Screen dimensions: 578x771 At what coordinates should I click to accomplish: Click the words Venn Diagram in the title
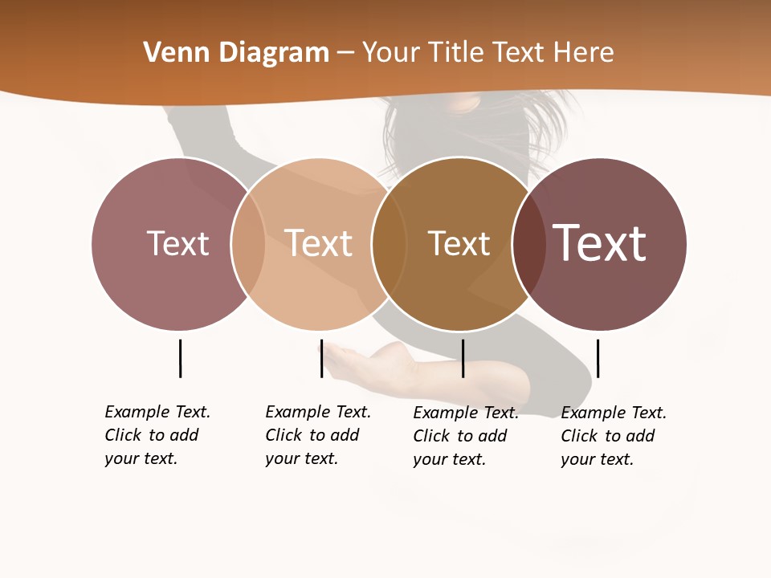click(x=236, y=53)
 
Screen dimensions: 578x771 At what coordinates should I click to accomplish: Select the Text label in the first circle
click(x=177, y=243)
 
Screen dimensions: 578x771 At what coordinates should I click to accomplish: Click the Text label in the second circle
click(x=319, y=243)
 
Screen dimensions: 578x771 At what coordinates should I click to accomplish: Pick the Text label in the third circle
click(x=459, y=243)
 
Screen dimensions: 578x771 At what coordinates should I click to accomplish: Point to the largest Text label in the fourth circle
click(x=600, y=243)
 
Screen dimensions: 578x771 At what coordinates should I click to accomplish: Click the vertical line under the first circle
click(x=180, y=358)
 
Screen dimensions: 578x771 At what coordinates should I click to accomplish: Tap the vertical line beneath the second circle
click(x=321, y=358)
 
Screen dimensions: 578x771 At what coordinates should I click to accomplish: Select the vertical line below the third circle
click(x=463, y=358)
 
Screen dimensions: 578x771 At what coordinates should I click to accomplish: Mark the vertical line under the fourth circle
click(x=598, y=358)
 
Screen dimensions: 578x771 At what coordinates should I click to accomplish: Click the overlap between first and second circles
click(x=248, y=243)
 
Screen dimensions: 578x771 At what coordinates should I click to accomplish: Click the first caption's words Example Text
click(x=157, y=412)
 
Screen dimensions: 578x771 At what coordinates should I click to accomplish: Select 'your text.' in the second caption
click(x=301, y=458)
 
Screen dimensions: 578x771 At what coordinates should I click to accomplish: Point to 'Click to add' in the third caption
click(x=460, y=436)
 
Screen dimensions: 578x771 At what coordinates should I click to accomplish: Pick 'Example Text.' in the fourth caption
click(x=614, y=413)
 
